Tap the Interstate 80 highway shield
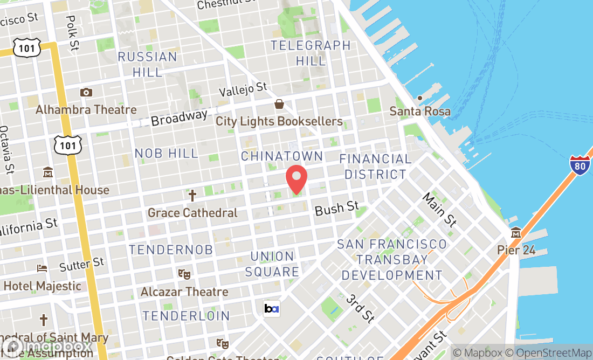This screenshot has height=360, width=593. tap(580, 165)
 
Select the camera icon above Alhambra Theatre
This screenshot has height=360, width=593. tap(86, 93)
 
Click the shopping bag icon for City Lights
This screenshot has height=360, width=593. tap(279, 104)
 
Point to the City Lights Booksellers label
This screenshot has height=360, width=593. tap(279, 121)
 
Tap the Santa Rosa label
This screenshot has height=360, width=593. tap(420, 112)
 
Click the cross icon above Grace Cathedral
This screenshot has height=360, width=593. tap(192, 195)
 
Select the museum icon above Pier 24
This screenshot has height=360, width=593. tap(516, 233)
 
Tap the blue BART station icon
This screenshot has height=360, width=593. tap(271, 308)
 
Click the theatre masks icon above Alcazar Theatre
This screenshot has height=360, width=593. tap(185, 274)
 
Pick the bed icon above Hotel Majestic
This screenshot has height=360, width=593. tap(42, 268)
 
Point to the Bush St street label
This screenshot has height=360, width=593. tap(337, 208)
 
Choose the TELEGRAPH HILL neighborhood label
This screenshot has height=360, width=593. tap(311, 53)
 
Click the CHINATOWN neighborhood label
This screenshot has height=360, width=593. tap(282, 156)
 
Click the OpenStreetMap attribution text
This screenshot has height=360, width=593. tap(549, 353)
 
